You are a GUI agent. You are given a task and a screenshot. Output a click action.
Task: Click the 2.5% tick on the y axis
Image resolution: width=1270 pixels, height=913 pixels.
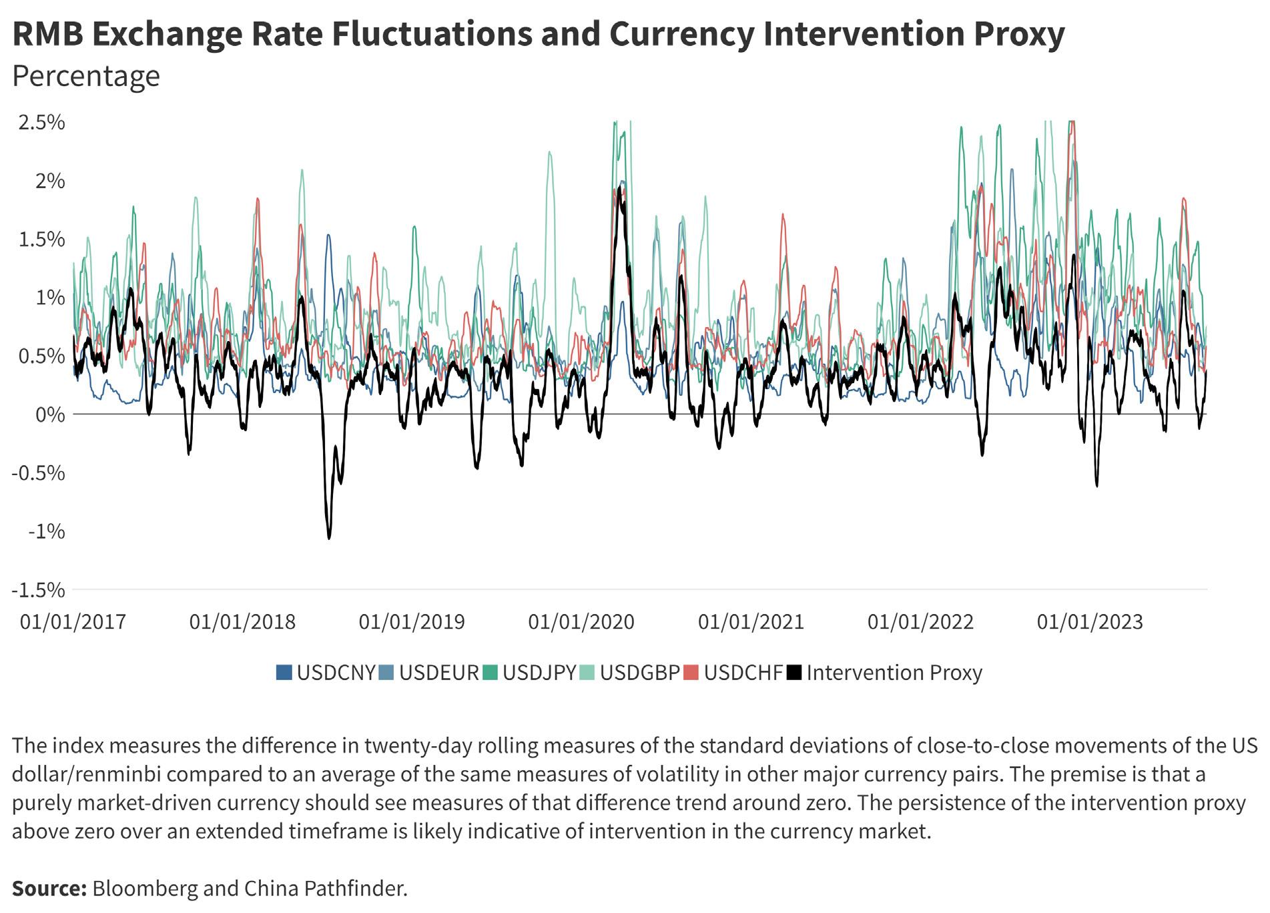(x=41, y=123)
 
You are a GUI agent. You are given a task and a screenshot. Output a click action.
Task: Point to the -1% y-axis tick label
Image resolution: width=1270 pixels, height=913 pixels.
(x=46, y=532)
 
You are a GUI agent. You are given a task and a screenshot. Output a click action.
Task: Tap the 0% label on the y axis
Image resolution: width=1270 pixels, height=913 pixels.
(x=51, y=415)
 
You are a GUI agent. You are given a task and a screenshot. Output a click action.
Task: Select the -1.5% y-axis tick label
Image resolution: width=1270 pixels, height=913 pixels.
(x=38, y=591)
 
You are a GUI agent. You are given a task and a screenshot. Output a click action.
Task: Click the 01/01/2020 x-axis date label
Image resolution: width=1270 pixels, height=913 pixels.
(x=581, y=623)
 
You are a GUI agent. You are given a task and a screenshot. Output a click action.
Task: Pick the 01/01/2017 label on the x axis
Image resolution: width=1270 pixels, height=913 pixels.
(x=73, y=623)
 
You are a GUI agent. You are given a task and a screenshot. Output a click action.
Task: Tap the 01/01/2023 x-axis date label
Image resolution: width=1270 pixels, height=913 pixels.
(x=1090, y=623)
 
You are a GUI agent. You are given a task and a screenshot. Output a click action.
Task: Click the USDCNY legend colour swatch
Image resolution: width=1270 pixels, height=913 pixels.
(x=284, y=673)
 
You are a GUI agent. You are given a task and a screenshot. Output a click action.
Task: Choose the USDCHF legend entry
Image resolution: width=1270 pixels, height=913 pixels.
(x=743, y=673)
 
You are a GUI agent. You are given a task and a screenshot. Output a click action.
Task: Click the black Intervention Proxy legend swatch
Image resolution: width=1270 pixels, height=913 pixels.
(x=794, y=673)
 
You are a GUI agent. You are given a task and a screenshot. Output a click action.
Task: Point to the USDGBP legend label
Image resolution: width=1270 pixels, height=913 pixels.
(x=639, y=673)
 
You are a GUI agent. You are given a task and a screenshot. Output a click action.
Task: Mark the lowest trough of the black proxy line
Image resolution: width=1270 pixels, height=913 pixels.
(x=329, y=537)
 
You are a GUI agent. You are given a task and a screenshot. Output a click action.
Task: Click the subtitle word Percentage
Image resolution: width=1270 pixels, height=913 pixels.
(x=86, y=76)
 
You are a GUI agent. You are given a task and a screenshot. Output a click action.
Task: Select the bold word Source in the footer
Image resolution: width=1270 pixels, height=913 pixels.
(x=49, y=889)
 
